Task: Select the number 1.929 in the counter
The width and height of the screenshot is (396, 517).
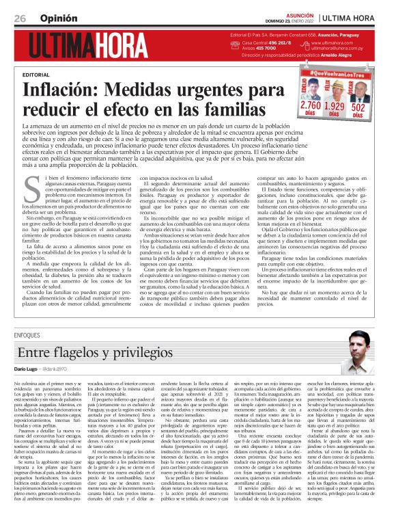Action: pyautogui.click(x=334, y=106)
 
